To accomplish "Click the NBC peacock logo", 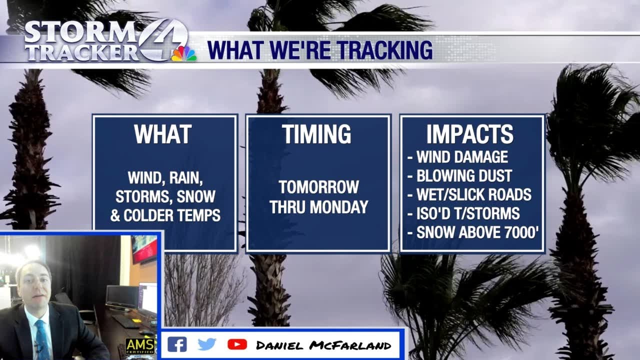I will [x=184, y=53].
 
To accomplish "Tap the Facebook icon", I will [x=176, y=344].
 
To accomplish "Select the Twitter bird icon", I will [x=206, y=344].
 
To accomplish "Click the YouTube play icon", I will [x=237, y=344].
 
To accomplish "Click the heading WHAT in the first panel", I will [x=162, y=135].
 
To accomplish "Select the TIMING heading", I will [x=316, y=135].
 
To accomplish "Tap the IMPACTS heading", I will [x=470, y=135].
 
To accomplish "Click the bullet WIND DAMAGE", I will [x=462, y=157].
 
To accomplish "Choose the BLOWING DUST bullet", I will [x=464, y=176].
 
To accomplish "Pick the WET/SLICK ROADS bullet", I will [x=473, y=195].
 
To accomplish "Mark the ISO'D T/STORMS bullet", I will [x=468, y=214].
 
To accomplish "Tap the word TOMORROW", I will [x=319, y=187].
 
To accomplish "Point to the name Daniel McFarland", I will [x=323, y=345].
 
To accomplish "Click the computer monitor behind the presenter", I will [x=122, y=297].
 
